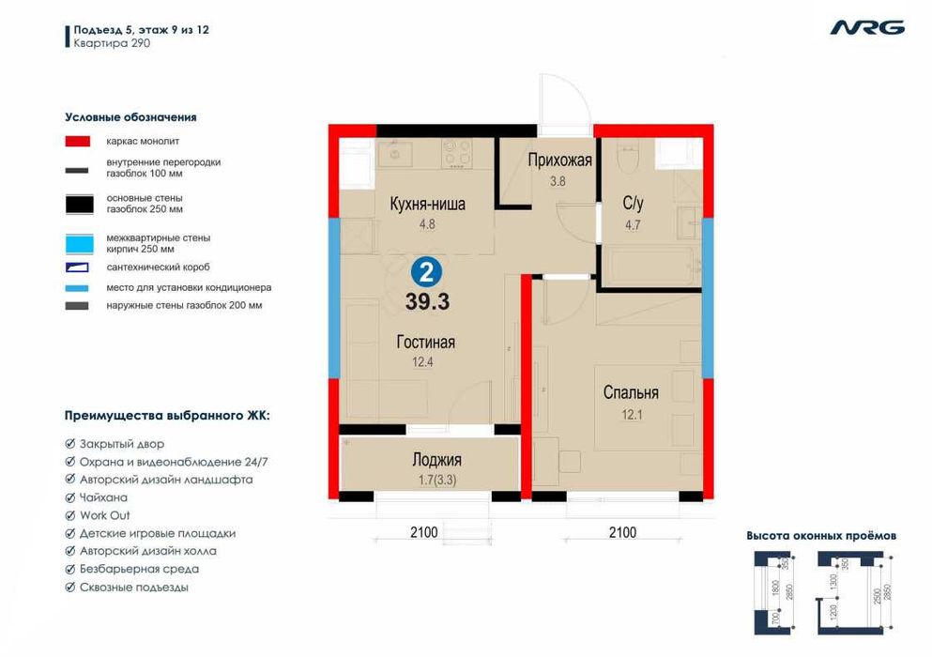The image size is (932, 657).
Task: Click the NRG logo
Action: [x=867, y=28]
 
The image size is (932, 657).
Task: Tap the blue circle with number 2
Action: [x=426, y=273]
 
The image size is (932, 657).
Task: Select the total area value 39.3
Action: [x=427, y=301]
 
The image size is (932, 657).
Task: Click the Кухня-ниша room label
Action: [x=427, y=204]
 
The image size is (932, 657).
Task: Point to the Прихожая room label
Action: [x=560, y=160]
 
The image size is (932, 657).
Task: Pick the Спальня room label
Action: [x=631, y=392]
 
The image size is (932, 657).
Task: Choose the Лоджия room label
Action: [x=436, y=460]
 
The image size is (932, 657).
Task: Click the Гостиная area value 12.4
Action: [x=422, y=361]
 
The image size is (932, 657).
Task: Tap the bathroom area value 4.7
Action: [x=633, y=224]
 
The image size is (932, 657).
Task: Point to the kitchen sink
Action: [x=394, y=153]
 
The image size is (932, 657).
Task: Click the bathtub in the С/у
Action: [x=650, y=267]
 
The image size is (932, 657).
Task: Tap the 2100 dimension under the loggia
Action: [x=424, y=532]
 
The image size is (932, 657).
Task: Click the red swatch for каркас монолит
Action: [x=77, y=141]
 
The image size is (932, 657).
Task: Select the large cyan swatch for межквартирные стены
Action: [x=79, y=244]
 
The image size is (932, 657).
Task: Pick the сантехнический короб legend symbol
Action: [x=77, y=267]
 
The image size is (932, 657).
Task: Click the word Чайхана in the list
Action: [x=103, y=497]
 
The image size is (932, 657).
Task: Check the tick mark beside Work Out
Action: [x=69, y=515]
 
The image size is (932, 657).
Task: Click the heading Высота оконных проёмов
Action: [x=821, y=536]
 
